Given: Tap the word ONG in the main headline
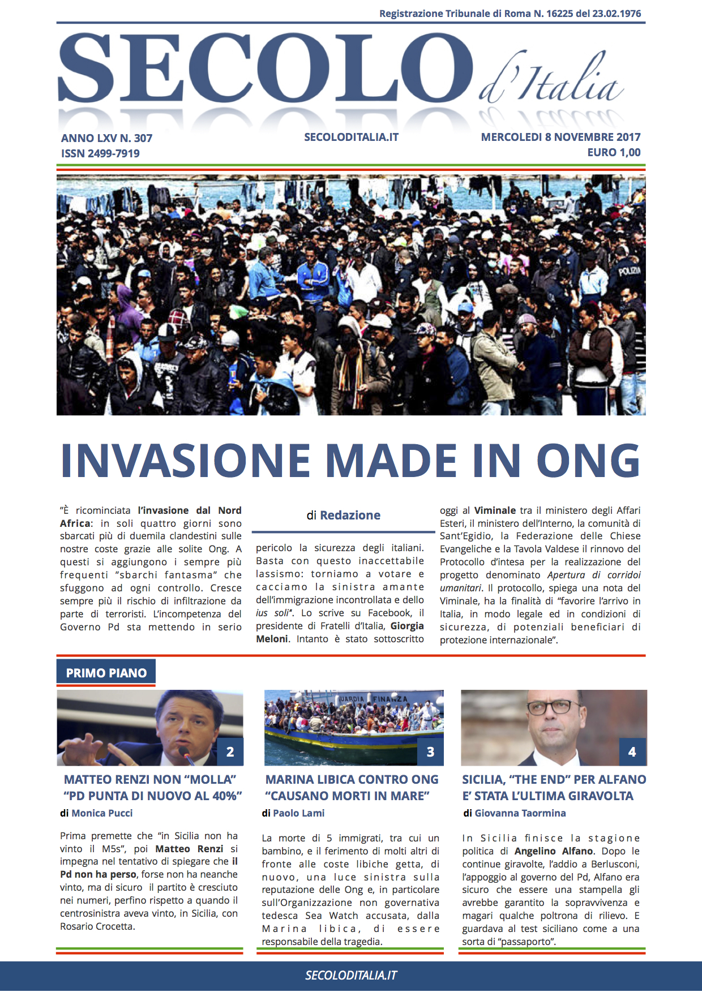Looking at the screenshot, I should (589, 461).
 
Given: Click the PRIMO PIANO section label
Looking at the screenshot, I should (106, 673).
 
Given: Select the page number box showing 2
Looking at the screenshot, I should (230, 752).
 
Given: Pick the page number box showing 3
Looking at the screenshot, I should (430, 752).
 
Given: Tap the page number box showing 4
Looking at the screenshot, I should (632, 752).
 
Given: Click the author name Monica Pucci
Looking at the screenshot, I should (102, 813).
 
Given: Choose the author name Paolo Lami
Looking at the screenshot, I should (298, 813).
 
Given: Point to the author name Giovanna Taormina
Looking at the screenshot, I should (520, 813).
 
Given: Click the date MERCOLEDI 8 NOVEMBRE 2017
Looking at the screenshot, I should (560, 137).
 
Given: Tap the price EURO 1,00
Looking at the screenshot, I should (614, 152).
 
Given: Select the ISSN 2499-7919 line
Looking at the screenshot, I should (100, 153).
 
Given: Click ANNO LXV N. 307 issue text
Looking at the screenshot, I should (106, 138).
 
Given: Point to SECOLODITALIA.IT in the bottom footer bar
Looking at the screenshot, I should (351, 976).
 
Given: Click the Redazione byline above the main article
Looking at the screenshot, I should (350, 516).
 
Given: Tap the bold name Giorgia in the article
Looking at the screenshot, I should (407, 626).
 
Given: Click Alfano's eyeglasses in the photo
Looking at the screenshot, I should (553, 707).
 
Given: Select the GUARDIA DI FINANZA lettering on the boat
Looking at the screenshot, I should (374, 699).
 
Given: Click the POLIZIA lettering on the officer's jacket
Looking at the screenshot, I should (629, 270).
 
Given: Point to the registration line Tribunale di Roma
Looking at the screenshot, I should (510, 14).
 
